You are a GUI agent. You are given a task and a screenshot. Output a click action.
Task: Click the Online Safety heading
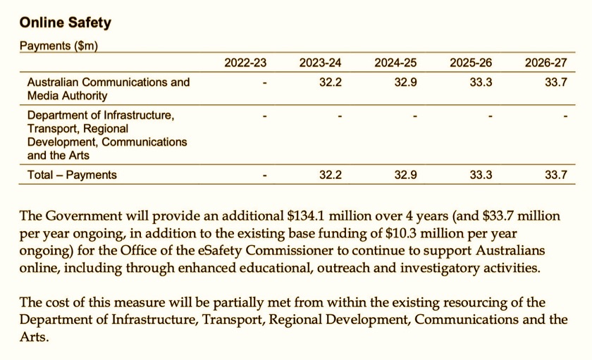(66, 23)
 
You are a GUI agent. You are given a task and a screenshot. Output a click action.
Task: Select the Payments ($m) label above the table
(58, 46)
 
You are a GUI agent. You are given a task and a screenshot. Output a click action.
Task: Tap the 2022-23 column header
(245, 63)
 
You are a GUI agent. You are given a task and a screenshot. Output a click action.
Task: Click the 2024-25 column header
(396, 63)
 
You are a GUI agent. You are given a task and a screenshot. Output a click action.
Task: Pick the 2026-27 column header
(545, 63)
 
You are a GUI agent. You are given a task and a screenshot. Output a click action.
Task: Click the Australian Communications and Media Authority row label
(109, 89)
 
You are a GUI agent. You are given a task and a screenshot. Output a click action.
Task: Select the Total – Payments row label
(72, 175)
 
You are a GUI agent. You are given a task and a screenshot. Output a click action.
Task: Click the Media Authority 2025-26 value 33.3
(481, 82)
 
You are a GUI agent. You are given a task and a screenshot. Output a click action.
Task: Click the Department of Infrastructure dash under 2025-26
(490, 116)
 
